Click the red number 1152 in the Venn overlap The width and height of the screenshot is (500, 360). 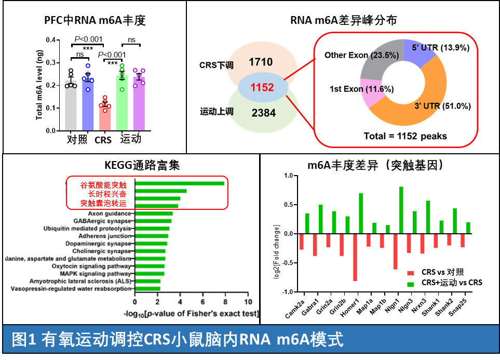(262, 88)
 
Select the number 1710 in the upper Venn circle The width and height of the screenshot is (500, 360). (261, 62)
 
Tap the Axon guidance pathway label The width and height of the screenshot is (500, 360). (110, 213)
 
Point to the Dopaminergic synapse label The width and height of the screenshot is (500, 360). (98, 243)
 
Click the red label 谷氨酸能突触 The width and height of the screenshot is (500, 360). (103, 185)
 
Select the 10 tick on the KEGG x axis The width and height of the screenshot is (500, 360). (248, 302)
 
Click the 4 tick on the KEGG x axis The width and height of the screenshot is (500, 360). (180, 302)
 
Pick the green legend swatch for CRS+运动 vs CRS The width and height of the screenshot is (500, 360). (411, 283)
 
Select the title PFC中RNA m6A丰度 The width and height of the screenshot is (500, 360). (95, 21)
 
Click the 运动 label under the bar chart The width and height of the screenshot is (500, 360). (131, 139)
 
